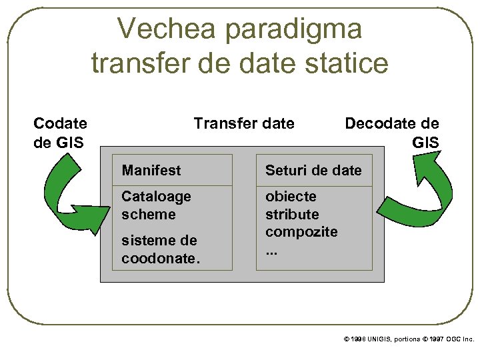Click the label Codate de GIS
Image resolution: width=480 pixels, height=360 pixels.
pos(60,132)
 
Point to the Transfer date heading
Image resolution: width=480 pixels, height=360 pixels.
pos(243,123)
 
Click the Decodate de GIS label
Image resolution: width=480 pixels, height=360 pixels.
pos(392,132)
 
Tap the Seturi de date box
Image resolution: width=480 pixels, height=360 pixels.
pos(313,171)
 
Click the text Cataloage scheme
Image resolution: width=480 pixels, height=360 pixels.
pos(156,205)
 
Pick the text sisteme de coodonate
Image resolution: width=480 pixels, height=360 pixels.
pos(160,249)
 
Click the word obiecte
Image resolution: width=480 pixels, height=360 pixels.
pos(291,197)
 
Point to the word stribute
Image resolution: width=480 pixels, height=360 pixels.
pos(292,214)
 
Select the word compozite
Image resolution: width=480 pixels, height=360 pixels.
pos(301,231)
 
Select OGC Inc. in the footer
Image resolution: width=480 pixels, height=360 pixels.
pos(459,339)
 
